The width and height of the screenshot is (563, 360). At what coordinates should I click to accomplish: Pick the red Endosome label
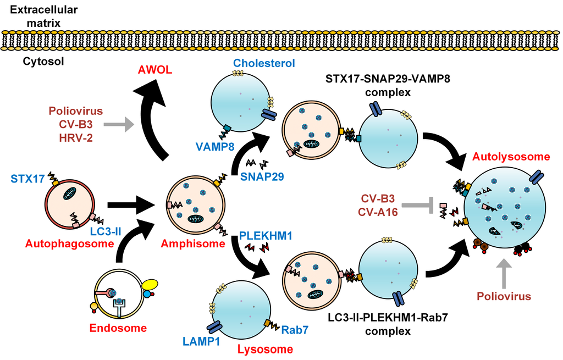point(119,328)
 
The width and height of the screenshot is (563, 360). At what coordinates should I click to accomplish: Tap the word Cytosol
point(43,62)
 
